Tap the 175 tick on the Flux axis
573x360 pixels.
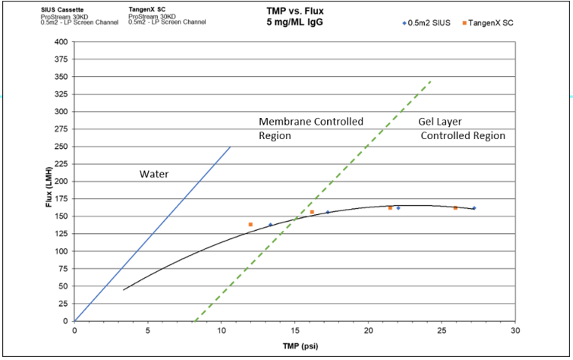[60, 198]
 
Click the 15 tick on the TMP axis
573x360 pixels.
[295, 330]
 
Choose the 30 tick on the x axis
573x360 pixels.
[515, 330]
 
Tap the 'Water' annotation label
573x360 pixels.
[153, 174]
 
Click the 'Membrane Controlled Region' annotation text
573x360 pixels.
[311, 129]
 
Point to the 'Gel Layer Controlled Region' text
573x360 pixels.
[462, 129]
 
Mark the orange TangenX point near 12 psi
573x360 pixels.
[250, 225]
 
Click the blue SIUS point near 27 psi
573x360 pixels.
[474, 208]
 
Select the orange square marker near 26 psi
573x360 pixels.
[455, 208]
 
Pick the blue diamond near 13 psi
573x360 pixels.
[271, 225]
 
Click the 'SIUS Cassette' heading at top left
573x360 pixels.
[62, 10]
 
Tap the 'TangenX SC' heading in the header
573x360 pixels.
[147, 10]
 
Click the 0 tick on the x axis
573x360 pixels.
[74, 330]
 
